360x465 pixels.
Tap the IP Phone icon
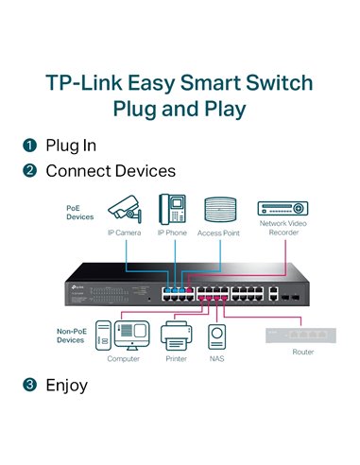coord(173,208)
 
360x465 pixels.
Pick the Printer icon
coord(175,335)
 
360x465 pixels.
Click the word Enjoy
coord(66,385)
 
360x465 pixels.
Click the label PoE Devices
coord(79,211)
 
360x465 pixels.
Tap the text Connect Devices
coord(111,172)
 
